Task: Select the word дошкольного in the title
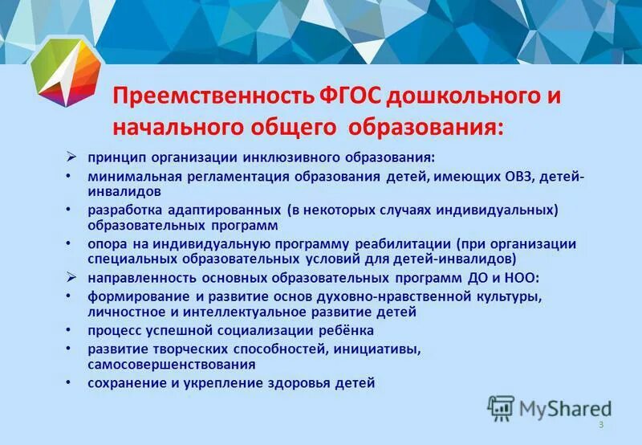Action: pos(457,97)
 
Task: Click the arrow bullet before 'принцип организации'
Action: pos(71,157)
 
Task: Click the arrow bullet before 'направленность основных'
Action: pos(71,278)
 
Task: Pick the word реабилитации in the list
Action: pos(404,243)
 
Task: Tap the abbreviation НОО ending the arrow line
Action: pos(525,278)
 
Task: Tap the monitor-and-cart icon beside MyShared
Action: pos(500,408)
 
